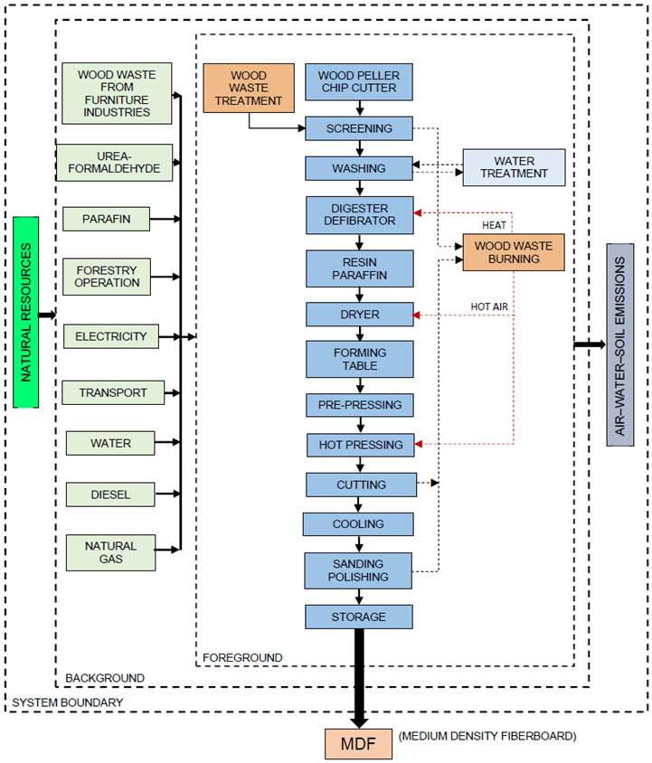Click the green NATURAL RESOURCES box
26,312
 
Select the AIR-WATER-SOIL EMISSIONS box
619,344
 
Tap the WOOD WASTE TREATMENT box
249,88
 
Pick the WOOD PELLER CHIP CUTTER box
359,81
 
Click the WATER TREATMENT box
514,167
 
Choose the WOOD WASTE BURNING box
514,251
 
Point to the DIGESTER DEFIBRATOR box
359,214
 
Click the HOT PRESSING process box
359,445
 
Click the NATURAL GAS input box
110,552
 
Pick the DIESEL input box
110,495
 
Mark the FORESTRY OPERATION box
107,277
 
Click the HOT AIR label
489,307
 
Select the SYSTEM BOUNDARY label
55,702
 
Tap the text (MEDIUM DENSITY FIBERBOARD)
486,736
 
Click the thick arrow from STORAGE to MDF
359,678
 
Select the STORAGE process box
359,617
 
